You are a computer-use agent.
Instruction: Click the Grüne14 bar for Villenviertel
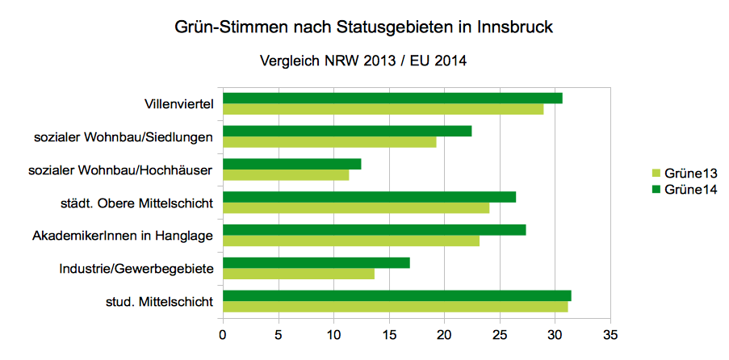[392, 98]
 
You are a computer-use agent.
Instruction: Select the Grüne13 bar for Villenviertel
[383, 109]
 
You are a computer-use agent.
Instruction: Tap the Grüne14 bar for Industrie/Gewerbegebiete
[316, 262]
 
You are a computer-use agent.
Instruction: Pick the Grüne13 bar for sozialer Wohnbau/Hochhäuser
[286, 175]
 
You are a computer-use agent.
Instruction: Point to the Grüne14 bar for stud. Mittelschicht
[397, 295]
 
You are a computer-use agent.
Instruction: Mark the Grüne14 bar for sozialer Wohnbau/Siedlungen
[347, 131]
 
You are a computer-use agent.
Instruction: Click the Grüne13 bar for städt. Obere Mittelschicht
[356, 207]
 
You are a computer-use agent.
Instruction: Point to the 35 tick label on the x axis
[610, 333]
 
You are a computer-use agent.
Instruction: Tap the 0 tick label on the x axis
[223, 333]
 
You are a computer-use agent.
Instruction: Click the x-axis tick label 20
[444, 333]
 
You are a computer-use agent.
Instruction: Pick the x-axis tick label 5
[279, 333]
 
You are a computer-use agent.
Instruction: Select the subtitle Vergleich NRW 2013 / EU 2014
[363, 61]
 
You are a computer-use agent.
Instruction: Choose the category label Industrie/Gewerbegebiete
[136, 269]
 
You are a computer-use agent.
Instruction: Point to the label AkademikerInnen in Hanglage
[123, 236]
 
